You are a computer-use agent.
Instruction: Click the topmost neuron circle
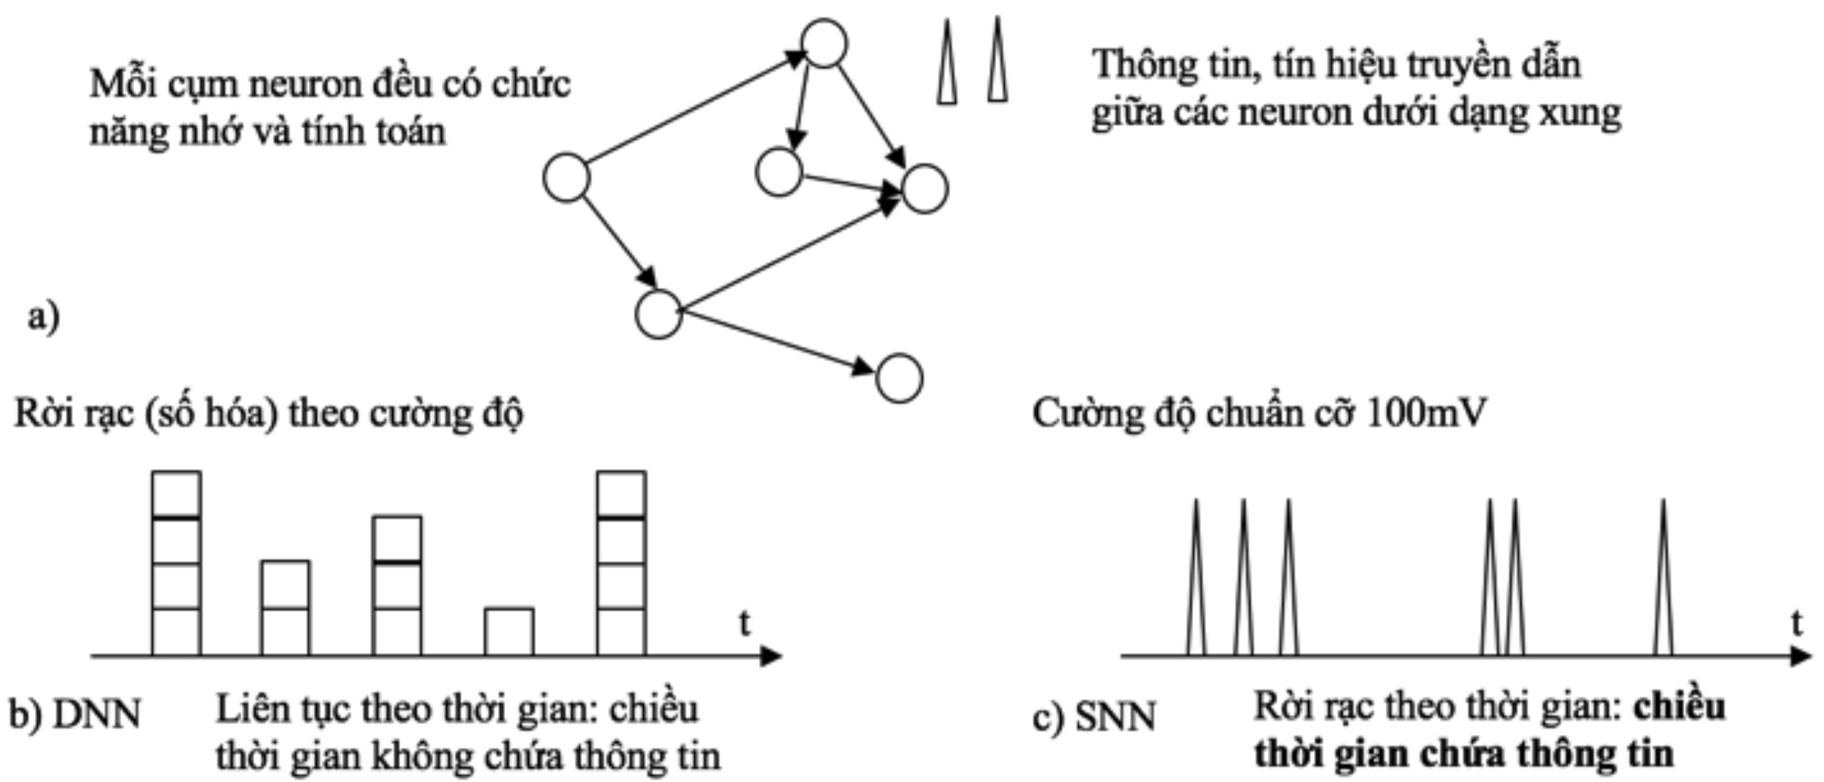click(824, 43)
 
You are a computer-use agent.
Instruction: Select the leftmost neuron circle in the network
click(567, 178)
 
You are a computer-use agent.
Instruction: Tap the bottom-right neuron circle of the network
click(899, 378)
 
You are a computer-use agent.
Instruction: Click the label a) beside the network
click(43, 317)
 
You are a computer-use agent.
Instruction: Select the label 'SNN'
click(1115, 717)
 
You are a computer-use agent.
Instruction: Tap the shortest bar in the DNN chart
click(509, 631)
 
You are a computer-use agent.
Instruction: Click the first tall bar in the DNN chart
click(176, 564)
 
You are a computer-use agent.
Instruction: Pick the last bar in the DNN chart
click(622, 564)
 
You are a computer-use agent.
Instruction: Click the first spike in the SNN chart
click(1195, 579)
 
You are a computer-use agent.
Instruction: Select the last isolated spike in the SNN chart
click(1663, 579)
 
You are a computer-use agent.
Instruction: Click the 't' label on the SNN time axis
click(1797, 622)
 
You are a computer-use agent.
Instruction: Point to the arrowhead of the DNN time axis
click(771, 656)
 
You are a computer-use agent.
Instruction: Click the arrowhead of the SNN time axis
click(1800, 656)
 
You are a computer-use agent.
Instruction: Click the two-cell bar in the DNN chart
click(286, 608)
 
